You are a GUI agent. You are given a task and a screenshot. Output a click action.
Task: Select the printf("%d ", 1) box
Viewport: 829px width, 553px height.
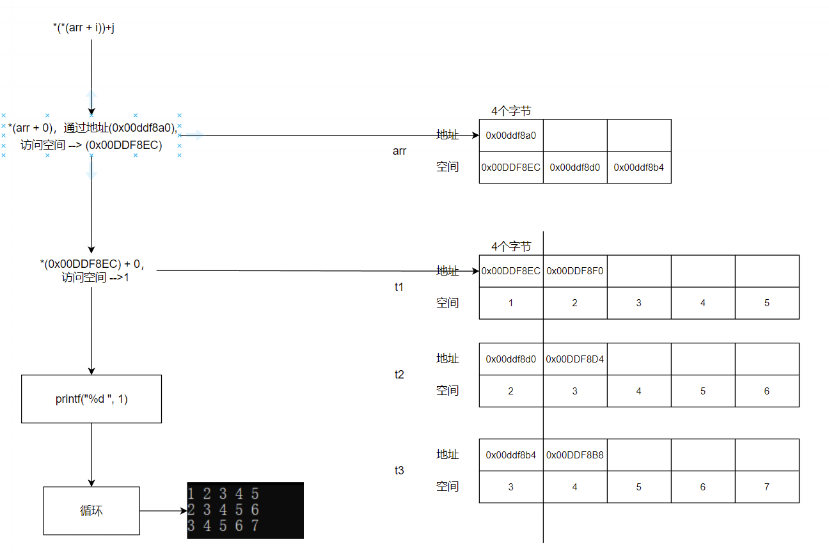click(91, 399)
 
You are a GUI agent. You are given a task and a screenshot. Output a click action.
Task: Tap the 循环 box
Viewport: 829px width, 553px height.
click(91, 511)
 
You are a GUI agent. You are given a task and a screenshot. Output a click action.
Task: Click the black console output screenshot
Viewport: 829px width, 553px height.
click(245, 510)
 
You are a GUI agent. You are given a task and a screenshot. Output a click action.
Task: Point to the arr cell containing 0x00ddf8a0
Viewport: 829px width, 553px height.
click(510, 136)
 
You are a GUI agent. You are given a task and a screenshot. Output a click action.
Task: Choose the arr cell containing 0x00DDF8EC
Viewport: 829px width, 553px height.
click(510, 167)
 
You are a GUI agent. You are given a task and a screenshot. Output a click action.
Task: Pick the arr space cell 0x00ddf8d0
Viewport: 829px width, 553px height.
click(575, 167)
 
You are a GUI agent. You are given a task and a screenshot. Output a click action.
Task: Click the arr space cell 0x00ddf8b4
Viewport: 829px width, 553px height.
click(639, 167)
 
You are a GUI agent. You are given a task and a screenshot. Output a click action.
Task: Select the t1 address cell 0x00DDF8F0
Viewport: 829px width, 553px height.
click(575, 271)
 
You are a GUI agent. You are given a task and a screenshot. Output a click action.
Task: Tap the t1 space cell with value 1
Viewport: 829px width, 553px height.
click(510, 303)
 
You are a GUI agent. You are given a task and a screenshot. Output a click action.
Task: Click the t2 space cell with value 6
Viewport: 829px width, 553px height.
click(767, 391)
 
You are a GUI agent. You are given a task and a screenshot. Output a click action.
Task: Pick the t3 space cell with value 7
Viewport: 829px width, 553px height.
click(767, 487)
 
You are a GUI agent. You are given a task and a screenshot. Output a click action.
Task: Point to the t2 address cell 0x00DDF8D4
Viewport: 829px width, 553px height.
click(575, 359)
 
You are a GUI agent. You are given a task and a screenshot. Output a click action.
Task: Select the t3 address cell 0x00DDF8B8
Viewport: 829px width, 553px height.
click(575, 455)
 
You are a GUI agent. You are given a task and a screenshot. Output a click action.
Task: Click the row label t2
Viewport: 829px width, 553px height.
click(399, 375)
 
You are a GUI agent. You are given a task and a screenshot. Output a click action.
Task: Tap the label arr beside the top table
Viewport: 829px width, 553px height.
click(399, 152)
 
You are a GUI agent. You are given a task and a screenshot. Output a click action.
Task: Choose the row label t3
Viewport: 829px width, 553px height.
click(399, 471)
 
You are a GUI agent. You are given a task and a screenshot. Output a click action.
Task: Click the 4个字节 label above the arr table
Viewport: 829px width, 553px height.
click(511, 111)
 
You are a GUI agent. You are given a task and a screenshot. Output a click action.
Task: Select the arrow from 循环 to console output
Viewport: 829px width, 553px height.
click(163, 511)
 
